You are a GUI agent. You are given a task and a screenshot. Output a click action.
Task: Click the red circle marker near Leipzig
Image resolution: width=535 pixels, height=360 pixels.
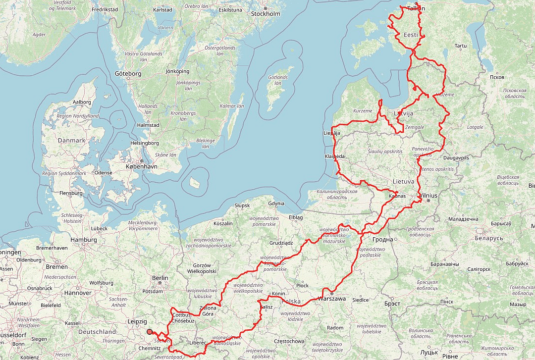point(150,332)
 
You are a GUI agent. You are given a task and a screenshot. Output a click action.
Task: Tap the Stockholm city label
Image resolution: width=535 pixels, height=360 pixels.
point(266,14)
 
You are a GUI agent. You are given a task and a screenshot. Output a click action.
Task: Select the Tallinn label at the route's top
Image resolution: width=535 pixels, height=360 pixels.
point(416,8)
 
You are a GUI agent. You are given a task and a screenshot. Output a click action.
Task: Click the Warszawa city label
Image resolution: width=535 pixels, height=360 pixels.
point(331,299)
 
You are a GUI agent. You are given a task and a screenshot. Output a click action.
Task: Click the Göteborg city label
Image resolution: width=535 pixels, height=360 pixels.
point(128,74)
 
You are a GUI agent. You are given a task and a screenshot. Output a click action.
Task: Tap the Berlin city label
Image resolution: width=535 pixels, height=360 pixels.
point(160,278)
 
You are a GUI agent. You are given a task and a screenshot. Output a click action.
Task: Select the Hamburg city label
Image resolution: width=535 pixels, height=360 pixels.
point(84,240)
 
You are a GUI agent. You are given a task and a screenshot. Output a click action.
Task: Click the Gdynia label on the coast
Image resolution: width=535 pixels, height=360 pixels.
point(276,204)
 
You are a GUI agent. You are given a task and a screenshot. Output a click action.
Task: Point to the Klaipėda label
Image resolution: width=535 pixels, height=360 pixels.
point(334,156)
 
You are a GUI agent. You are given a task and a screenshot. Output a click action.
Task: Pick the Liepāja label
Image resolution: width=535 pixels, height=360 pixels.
point(331,133)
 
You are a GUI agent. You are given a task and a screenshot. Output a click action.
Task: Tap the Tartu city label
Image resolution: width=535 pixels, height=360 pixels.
point(461,46)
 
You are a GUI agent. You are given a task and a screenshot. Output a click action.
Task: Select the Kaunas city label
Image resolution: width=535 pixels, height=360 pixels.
point(397,196)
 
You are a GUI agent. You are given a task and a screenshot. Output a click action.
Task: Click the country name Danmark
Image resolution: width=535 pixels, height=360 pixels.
point(72,140)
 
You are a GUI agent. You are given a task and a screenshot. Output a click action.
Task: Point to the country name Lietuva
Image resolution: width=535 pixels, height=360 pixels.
point(403,181)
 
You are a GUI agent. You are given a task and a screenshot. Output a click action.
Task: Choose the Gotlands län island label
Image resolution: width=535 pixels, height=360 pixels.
point(278,80)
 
